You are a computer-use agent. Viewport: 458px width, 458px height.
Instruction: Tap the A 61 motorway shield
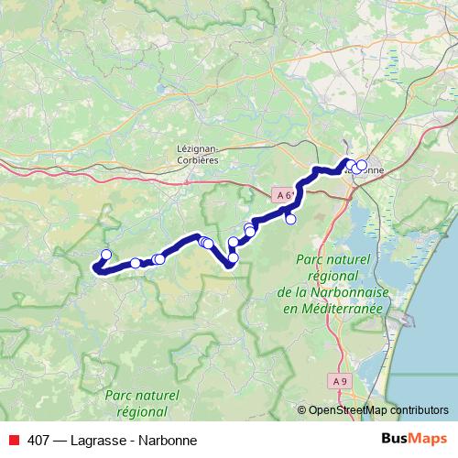click(x=286, y=195)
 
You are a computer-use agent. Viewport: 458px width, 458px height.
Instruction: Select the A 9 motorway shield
click(x=340, y=381)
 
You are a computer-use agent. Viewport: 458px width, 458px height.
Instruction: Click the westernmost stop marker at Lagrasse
click(x=105, y=255)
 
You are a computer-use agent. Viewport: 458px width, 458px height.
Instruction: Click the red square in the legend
click(x=13, y=440)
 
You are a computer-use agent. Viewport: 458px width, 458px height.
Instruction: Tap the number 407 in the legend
click(x=38, y=440)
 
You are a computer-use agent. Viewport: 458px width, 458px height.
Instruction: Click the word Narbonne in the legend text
click(x=169, y=440)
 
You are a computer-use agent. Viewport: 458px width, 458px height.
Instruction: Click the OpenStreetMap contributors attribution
click(x=378, y=410)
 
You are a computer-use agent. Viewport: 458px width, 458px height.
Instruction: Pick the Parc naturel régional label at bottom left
click(x=142, y=403)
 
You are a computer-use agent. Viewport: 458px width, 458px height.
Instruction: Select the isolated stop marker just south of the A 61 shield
click(x=290, y=219)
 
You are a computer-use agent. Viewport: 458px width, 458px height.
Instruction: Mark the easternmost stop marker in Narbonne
click(x=361, y=166)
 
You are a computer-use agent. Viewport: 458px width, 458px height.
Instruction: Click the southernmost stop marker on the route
click(x=233, y=257)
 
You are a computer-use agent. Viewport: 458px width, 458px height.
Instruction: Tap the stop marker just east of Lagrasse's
click(x=136, y=263)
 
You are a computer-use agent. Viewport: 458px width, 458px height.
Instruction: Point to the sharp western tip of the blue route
click(x=93, y=267)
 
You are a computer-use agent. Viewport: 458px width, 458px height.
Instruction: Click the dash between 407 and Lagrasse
click(x=60, y=440)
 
